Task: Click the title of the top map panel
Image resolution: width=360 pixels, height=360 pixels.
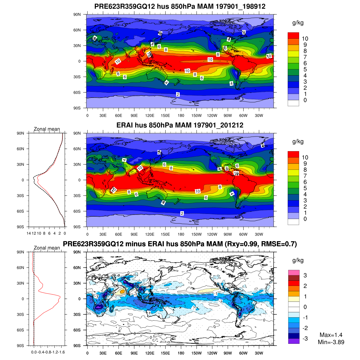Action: click(x=180, y=6)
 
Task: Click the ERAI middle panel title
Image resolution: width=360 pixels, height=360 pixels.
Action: click(x=180, y=125)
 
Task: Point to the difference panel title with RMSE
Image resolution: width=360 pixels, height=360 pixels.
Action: click(x=180, y=244)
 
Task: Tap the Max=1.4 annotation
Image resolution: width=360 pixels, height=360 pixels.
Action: click(x=331, y=335)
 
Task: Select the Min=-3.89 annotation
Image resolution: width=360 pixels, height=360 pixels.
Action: click(x=331, y=342)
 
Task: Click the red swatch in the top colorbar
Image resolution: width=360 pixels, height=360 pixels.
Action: click(x=293, y=35)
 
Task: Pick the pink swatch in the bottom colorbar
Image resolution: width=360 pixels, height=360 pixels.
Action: click(x=294, y=272)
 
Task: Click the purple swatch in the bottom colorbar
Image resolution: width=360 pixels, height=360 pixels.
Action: click(x=294, y=341)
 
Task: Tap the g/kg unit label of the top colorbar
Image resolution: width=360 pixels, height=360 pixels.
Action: click(x=298, y=23)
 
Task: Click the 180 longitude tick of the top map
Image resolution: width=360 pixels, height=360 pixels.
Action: click(x=181, y=115)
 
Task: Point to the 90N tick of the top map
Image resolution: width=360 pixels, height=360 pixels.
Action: click(x=77, y=14)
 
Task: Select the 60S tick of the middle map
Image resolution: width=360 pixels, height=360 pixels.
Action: click(x=77, y=211)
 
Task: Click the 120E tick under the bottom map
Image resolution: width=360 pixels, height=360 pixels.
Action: click(x=150, y=353)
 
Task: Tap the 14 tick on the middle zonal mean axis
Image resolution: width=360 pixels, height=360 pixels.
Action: click(x=29, y=233)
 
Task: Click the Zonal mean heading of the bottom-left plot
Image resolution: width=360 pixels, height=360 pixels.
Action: click(x=47, y=248)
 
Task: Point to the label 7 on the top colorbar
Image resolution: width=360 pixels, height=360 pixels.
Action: click(x=305, y=57)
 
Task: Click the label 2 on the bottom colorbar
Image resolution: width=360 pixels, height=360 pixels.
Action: click(x=305, y=286)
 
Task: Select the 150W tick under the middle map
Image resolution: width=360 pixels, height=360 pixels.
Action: click(x=196, y=234)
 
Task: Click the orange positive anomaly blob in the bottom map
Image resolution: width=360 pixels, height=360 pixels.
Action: click(x=122, y=291)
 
